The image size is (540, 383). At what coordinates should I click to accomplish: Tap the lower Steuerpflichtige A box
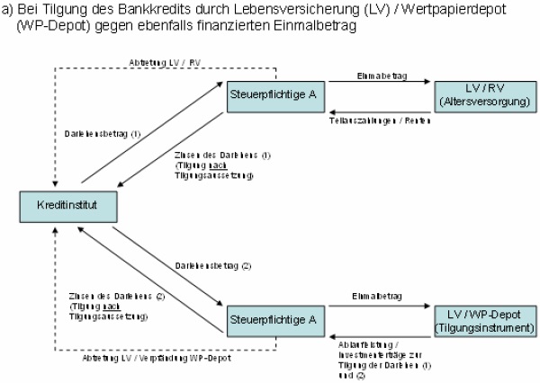click(273, 319)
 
